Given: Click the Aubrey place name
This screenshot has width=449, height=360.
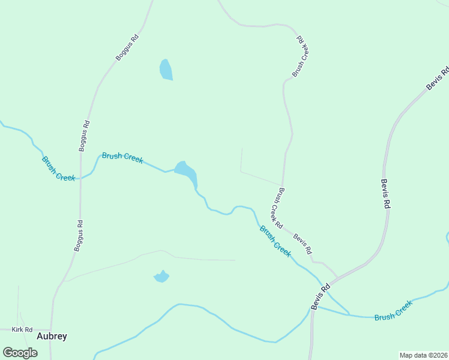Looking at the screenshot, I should [52, 336].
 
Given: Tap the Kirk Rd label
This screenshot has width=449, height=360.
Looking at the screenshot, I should [21, 330].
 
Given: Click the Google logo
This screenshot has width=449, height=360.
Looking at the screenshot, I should [20, 353].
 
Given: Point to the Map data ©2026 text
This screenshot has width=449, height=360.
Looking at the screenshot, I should [423, 355].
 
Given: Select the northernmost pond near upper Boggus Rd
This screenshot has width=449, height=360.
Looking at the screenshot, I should [166, 70].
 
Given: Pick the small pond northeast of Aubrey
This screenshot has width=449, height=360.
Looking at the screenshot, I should [161, 277].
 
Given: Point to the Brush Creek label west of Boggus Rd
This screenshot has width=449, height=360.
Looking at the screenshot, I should [58, 169].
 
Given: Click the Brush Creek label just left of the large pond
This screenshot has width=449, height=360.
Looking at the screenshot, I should [122, 157].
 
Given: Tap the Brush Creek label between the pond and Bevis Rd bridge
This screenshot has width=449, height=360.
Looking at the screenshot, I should [275, 241].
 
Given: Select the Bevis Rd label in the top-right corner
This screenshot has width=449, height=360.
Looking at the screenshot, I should [438, 79].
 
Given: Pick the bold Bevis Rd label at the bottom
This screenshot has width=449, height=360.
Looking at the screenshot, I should [321, 296].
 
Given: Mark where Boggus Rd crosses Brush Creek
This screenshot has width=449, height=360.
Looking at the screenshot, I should [80, 178].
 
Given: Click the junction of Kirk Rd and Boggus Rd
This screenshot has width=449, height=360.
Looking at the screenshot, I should [52, 329].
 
